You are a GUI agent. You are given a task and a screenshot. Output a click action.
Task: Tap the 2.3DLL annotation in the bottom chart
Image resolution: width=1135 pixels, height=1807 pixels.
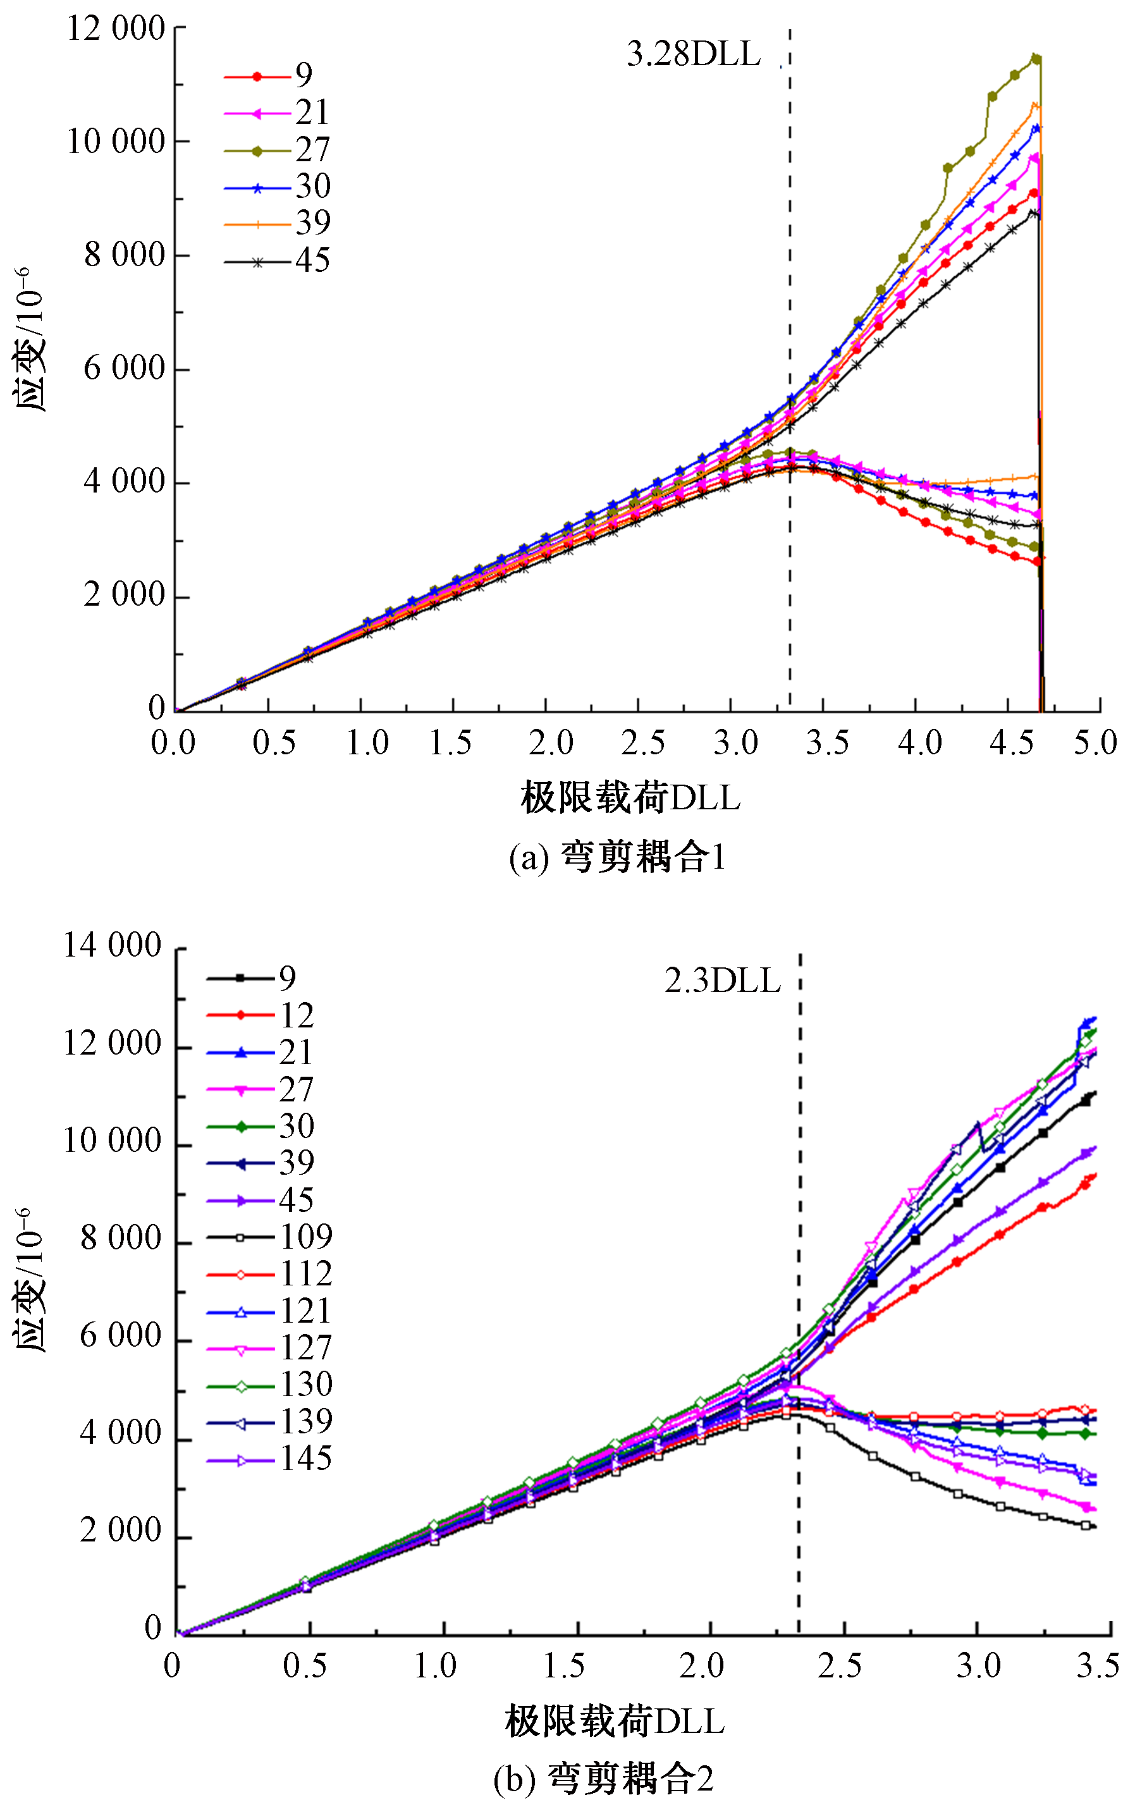point(722,981)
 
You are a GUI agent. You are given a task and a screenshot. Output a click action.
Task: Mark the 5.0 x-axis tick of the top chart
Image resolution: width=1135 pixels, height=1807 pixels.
point(1096,743)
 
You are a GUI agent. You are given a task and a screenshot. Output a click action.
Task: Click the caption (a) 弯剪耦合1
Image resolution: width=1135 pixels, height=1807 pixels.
point(617,857)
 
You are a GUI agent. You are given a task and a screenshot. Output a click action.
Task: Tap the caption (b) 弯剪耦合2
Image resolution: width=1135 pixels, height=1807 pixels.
point(603,1779)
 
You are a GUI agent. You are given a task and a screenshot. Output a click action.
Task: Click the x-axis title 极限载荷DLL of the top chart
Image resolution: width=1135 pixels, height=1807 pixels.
point(630,797)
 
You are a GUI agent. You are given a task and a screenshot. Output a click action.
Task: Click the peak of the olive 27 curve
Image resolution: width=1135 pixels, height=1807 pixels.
point(1036,57)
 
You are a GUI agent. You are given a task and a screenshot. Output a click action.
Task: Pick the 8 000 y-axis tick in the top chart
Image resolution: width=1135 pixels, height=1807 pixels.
point(124,256)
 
